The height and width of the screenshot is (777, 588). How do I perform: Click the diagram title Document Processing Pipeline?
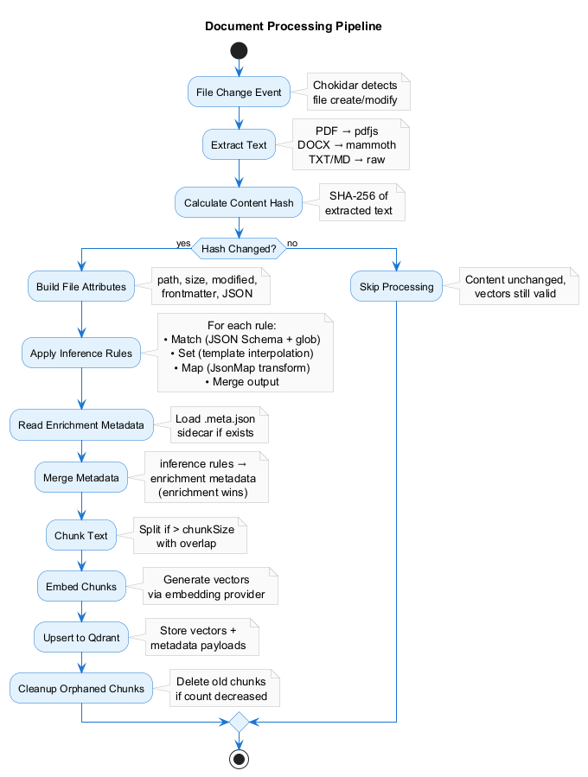(x=293, y=26)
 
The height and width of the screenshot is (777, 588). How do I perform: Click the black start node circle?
(x=239, y=51)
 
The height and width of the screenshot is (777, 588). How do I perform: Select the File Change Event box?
(x=239, y=92)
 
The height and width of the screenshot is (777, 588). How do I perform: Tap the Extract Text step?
(x=239, y=145)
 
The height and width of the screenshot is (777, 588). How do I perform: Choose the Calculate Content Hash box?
(x=239, y=203)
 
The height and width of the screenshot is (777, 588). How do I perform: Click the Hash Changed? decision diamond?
(x=239, y=249)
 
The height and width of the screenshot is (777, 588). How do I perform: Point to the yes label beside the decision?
(x=182, y=243)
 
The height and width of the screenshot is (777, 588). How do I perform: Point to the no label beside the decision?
(x=292, y=243)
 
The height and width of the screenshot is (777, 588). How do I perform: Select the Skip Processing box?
(x=396, y=287)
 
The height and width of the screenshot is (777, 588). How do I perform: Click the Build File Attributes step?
(x=81, y=287)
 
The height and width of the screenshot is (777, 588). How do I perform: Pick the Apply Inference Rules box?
(x=81, y=353)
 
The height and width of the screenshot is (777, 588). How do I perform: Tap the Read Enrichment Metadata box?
(x=81, y=425)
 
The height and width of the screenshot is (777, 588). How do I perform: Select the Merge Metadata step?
(x=81, y=477)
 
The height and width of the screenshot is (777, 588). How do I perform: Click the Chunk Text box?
(x=81, y=536)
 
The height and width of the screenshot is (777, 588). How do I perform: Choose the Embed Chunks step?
(x=81, y=587)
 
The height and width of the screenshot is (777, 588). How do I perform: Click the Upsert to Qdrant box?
(x=81, y=638)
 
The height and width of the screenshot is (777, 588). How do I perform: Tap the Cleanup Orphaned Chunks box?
(x=81, y=689)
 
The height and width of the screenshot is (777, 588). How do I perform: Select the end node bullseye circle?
(x=239, y=759)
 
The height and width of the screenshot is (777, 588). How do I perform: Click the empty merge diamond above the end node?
(x=239, y=721)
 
